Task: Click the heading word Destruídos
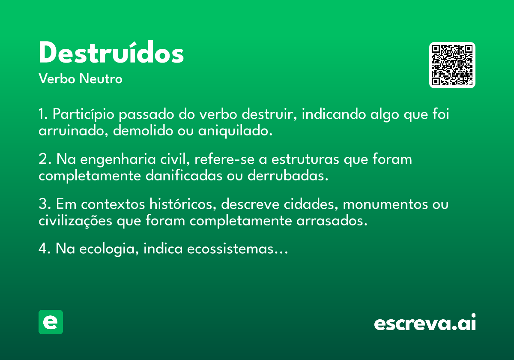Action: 111,52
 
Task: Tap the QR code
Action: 452,65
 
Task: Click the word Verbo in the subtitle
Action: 57,78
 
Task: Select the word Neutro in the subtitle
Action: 101,78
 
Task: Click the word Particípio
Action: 83,114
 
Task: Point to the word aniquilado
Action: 235,131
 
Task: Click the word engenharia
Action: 118,159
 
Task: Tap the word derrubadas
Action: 288,176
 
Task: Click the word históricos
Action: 183,204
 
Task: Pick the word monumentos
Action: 385,204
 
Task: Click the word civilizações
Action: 75,221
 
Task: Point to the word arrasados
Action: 332,221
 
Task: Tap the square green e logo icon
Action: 51,322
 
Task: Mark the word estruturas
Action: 305,159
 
